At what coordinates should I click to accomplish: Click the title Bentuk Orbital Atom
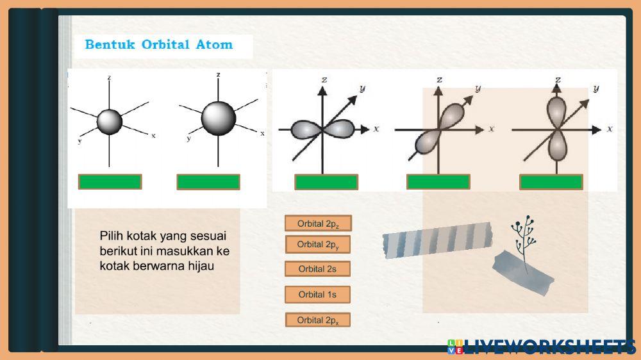point(158,45)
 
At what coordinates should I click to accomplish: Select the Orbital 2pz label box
point(318,224)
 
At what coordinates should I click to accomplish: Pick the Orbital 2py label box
point(318,245)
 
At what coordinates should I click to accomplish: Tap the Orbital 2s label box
point(317,269)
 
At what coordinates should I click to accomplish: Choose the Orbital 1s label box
point(317,295)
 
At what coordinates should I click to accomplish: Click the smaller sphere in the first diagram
point(109,121)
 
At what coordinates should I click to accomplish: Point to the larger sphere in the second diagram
point(219,117)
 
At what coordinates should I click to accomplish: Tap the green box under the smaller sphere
point(110,182)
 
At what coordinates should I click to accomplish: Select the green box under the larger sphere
point(208,182)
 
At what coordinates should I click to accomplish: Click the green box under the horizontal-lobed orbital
point(326,183)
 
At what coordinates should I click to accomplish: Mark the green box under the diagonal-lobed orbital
point(438,183)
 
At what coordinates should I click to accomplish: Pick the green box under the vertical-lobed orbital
point(551,183)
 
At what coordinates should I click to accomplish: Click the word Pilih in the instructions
point(112,236)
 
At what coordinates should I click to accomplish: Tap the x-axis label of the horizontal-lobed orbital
point(376,129)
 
